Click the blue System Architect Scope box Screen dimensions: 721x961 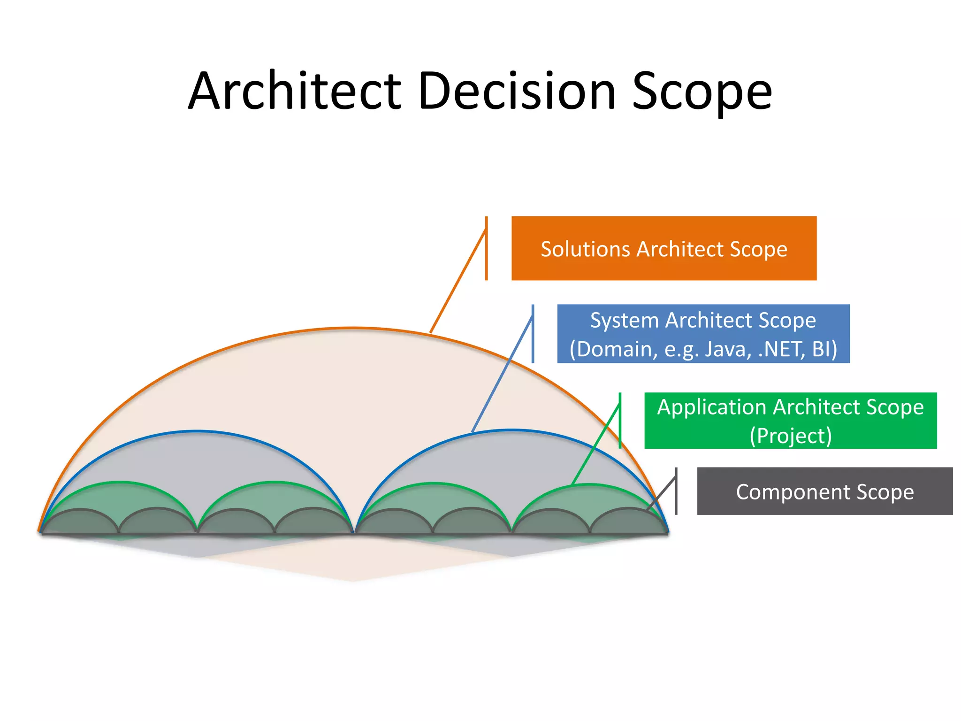(x=703, y=334)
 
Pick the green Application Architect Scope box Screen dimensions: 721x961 (x=790, y=421)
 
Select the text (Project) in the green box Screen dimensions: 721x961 (x=791, y=436)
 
